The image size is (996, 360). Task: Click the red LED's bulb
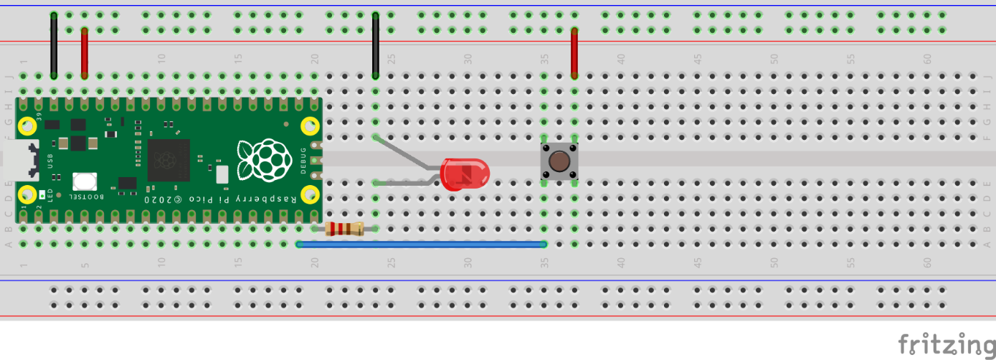click(x=466, y=175)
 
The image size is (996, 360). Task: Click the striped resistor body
click(x=344, y=229)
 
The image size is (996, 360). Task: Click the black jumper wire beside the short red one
click(x=54, y=45)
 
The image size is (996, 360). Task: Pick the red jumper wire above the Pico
click(x=85, y=52)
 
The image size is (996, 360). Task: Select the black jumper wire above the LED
click(x=375, y=45)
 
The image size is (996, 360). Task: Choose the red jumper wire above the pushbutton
click(x=574, y=52)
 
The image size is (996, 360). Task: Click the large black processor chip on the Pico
click(x=169, y=160)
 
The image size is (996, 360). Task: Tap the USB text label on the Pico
click(x=50, y=162)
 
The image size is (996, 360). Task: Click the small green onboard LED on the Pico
click(x=43, y=194)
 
